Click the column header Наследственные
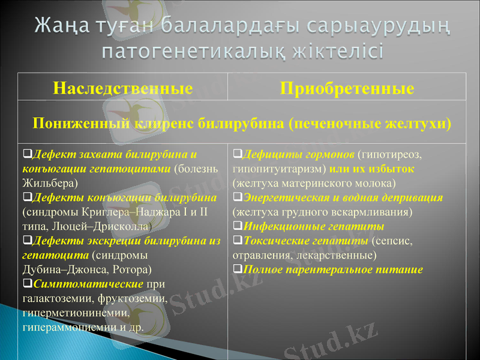pyautogui.click(x=122, y=89)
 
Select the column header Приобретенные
pyautogui.click(x=347, y=89)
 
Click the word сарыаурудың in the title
pyautogui.click(x=374, y=26)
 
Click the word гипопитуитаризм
pyautogui.click(x=278, y=169)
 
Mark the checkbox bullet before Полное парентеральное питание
pyautogui.click(x=237, y=269)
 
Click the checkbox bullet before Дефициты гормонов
pyautogui.click(x=237, y=154)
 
